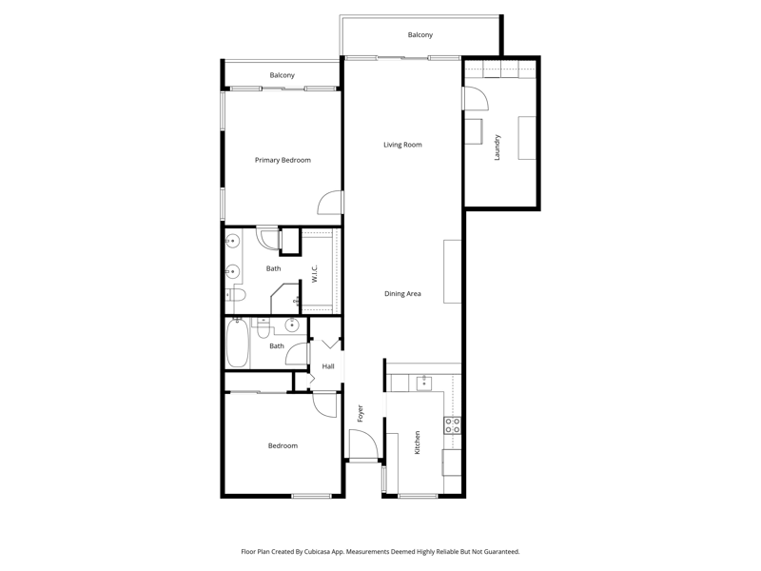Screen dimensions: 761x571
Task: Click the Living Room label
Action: pyautogui.click(x=402, y=145)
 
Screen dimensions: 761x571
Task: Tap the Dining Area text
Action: pyautogui.click(x=402, y=294)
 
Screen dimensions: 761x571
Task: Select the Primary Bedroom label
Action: pyautogui.click(x=283, y=160)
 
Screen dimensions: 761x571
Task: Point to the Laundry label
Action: pyautogui.click(x=497, y=148)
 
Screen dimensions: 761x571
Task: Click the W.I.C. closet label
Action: pyautogui.click(x=314, y=274)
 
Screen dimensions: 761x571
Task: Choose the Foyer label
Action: pyautogui.click(x=361, y=413)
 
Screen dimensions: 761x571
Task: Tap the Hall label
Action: pyautogui.click(x=328, y=366)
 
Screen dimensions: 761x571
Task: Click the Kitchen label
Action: pyautogui.click(x=417, y=443)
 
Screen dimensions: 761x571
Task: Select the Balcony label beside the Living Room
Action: pyautogui.click(x=420, y=35)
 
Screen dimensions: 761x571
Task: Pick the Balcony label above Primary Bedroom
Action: pyautogui.click(x=282, y=75)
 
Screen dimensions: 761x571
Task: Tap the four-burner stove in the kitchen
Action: pyautogui.click(x=453, y=425)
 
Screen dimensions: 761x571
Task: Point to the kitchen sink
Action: pyautogui.click(x=424, y=383)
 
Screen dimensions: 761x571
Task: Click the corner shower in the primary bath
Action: pyautogui.click(x=286, y=298)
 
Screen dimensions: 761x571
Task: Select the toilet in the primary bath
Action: pyautogui.click(x=236, y=294)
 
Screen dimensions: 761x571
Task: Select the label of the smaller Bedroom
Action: pyautogui.click(x=283, y=445)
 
